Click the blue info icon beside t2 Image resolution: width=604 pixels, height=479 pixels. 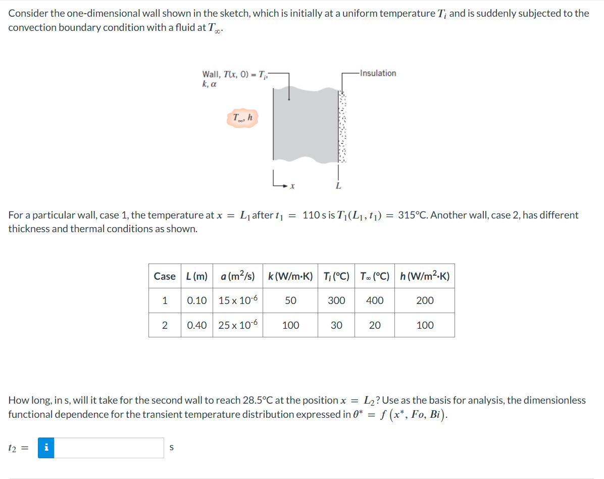click(46, 448)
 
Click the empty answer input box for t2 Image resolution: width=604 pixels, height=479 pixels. click(109, 448)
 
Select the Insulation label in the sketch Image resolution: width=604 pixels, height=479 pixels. click(378, 73)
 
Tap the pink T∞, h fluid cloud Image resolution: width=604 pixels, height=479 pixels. click(243, 118)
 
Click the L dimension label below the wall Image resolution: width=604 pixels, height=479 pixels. click(338, 186)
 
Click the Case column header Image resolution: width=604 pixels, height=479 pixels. click(165, 276)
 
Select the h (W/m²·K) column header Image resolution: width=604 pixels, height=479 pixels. click(424, 276)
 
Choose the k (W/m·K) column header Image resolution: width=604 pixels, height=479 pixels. click(290, 276)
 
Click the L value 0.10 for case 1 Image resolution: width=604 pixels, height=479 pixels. click(197, 300)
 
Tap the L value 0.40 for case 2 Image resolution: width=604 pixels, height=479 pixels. click(197, 325)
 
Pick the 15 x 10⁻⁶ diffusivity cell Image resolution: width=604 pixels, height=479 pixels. click(238, 300)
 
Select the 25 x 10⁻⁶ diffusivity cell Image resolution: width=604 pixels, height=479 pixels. click(238, 325)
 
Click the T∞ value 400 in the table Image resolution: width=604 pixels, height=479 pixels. click(375, 300)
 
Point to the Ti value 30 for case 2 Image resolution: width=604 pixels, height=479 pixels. click(336, 325)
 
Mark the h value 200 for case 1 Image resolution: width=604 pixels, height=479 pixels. click(425, 300)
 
